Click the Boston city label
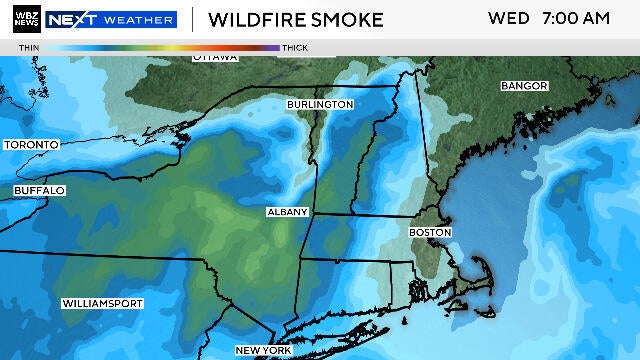pos(430,232)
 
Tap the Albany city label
pos(287,213)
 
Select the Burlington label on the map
pos(319,104)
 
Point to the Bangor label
pos(525,87)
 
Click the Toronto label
pos(31,145)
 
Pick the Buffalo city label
pos(39,190)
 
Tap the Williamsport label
pos(102,303)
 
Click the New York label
pos(262,350)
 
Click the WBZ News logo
pos(22,19)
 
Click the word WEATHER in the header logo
pos(139,19)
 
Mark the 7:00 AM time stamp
pos(576,19)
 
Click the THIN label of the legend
pos(29,47)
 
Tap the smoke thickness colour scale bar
pos(162,47)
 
